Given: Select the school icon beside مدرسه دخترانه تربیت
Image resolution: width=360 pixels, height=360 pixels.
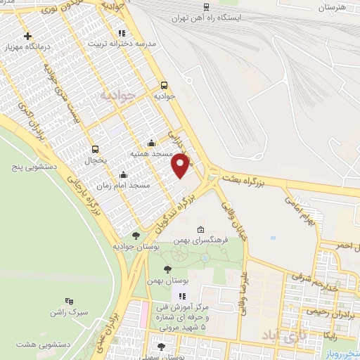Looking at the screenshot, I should [x=122, y=32].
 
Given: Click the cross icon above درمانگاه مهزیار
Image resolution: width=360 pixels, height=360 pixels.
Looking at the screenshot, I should [x=27, y=36].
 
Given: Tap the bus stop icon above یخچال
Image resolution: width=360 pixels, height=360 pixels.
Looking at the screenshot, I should [x=96, y=148].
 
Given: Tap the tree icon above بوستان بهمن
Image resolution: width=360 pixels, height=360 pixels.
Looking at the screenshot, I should [x=167, y=269].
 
